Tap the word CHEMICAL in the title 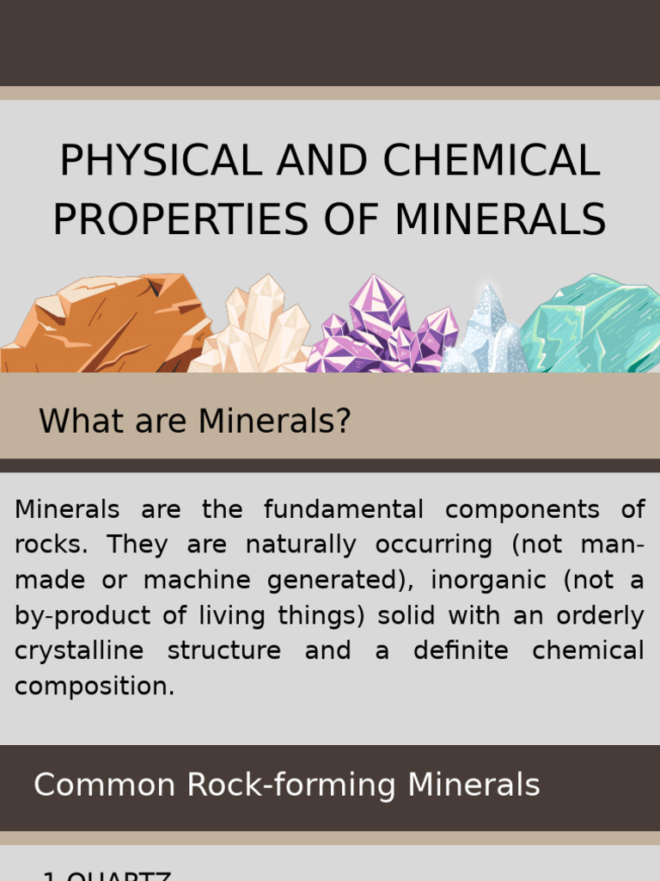click(491, 161)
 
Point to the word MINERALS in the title click(500, 219)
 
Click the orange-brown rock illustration click(107, 325)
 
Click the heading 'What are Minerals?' click(195, 422)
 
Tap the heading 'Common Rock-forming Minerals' click(286, 785)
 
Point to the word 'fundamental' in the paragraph click(343, 509)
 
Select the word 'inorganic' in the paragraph click(488, 580)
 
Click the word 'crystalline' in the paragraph click(79, 650)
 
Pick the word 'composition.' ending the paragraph click(95, 687)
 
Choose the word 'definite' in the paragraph click(461, 650)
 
